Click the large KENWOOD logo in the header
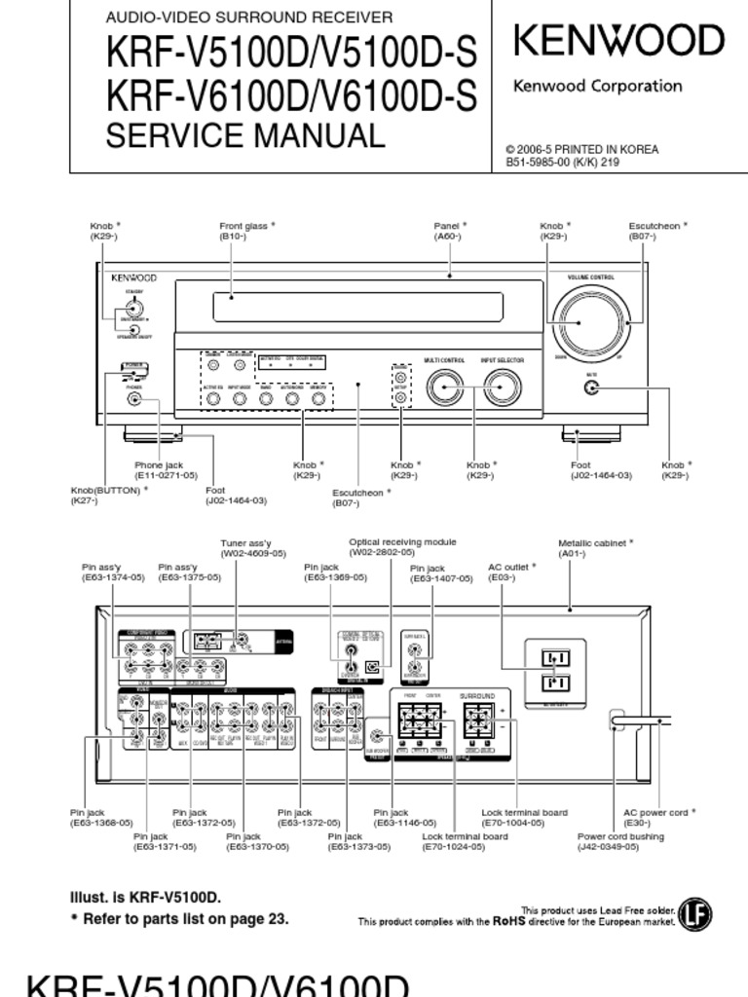[x=618, y=41]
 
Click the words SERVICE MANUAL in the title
[x=244, y=135]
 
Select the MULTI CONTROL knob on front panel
[x=445, y=388]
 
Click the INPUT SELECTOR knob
[x=502, y=388]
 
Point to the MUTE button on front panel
[x=590, y=388]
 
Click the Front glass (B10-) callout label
[x=246, y=231]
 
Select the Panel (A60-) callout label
[x=450, y=231]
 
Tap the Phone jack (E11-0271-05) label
[x=166, y=470]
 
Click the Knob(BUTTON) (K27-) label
[x=109, y=495]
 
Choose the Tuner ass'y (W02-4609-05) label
[x=253, y=548]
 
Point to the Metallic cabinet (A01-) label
[x=595, y=548]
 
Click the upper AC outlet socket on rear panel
[x=555, y=659]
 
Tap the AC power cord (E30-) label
[x=660, y=817]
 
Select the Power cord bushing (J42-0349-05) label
[x=620, y=841]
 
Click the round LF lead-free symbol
[x=694, y=914]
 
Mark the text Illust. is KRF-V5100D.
[x=146, y=897]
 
